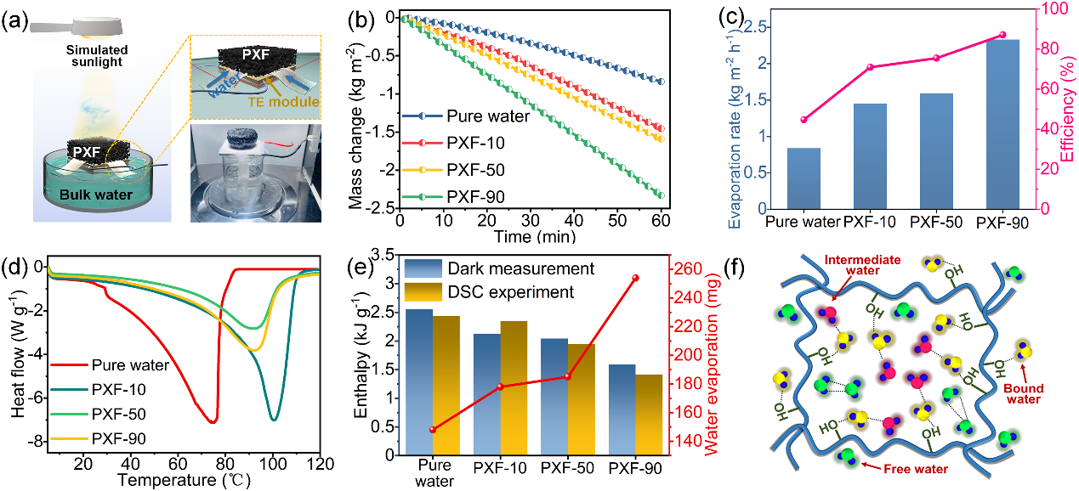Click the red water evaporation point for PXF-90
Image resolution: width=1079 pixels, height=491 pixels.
click(635, 278)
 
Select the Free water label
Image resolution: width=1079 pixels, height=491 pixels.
click(923, 469)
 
